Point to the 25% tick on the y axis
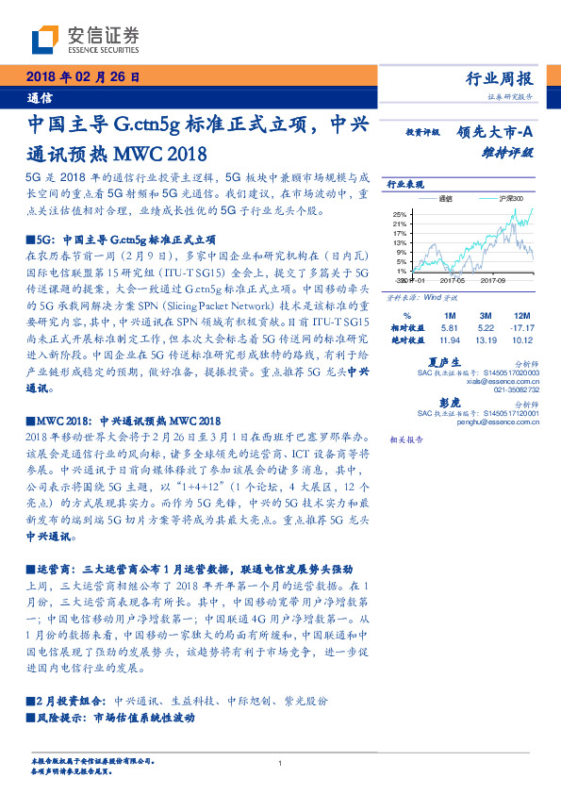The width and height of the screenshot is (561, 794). coord(400,213)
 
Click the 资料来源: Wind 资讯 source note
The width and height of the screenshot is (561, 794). coord(422,296)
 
